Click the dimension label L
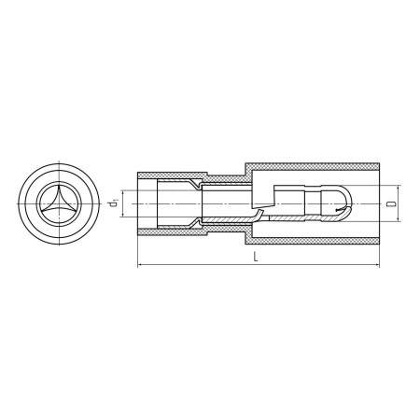[x=256, y=257]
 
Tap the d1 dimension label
[x=113, y=203]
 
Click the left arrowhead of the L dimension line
[x=139, y=265]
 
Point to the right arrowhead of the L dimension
[x=377, y=265]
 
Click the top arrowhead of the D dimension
[x=399, y=188]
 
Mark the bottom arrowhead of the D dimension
[x=399, y=219]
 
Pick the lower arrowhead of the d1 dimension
[x=123, y=215]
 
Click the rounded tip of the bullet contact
[x=349, y=203]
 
